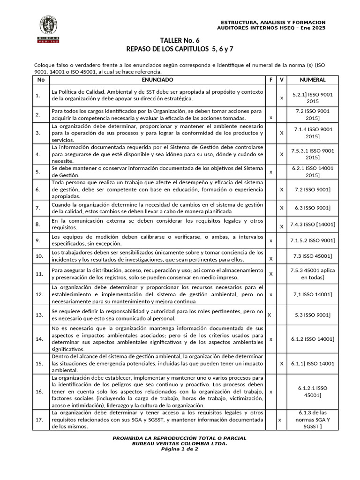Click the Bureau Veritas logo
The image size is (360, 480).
point(48,29)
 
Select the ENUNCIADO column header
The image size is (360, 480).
point(158,80)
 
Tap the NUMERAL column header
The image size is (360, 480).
point(313,80)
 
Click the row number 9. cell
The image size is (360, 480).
point(38,240)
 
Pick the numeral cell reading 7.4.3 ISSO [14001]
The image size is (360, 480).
point(313,225)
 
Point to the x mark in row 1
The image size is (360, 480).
point(281,98)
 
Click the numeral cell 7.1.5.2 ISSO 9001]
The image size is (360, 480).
point(313,240)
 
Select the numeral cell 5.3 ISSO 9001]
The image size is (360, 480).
point(313,315)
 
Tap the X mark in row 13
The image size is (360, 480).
point(269,315)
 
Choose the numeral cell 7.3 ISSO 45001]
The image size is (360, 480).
point(313,255)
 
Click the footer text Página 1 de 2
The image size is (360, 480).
point(180,449)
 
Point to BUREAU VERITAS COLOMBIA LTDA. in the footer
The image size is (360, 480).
point(180,443)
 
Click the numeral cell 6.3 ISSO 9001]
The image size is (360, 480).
point(313,208)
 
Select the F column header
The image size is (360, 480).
point(271,80)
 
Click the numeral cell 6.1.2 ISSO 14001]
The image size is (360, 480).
point(313,338)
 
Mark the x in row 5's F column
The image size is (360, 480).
point(271,172)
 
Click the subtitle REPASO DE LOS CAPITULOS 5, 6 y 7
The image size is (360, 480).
point(180,49)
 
